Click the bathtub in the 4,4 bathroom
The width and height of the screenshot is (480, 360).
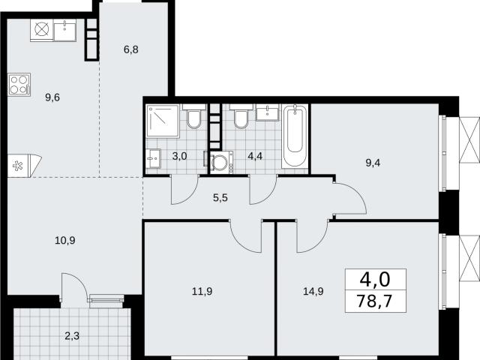(x=295, y=136)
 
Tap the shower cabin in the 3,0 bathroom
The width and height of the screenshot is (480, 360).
(x=163, y=121)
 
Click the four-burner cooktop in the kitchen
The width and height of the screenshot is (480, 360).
(x=19, y=85)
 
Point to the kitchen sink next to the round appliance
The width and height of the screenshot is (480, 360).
(x=65, y=30)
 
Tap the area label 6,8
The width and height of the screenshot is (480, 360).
(x=131, y=49)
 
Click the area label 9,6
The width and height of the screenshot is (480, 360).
(x=52, y=97)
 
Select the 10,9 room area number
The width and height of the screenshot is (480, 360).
(x=65, y=241)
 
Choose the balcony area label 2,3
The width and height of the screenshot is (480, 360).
(x=72, y=336)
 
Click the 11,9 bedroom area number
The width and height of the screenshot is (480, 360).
(x=202, y=291)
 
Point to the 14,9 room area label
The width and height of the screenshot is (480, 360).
(x=313, y=291)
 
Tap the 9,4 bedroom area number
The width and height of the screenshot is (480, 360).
(x=373, y=163)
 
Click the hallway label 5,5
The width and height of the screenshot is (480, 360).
(x=220, y=198)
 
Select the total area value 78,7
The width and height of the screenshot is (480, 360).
(x=374, y=301)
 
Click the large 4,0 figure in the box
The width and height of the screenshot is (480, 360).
(x=375, y=280)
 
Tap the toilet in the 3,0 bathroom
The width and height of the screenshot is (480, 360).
(x=194, y=116)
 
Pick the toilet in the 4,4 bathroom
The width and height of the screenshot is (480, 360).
(x=241, y=116)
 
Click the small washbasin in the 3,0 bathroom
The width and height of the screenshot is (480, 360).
(x=153, y=158)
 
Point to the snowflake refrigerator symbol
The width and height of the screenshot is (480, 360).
(x=18, y=166)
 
